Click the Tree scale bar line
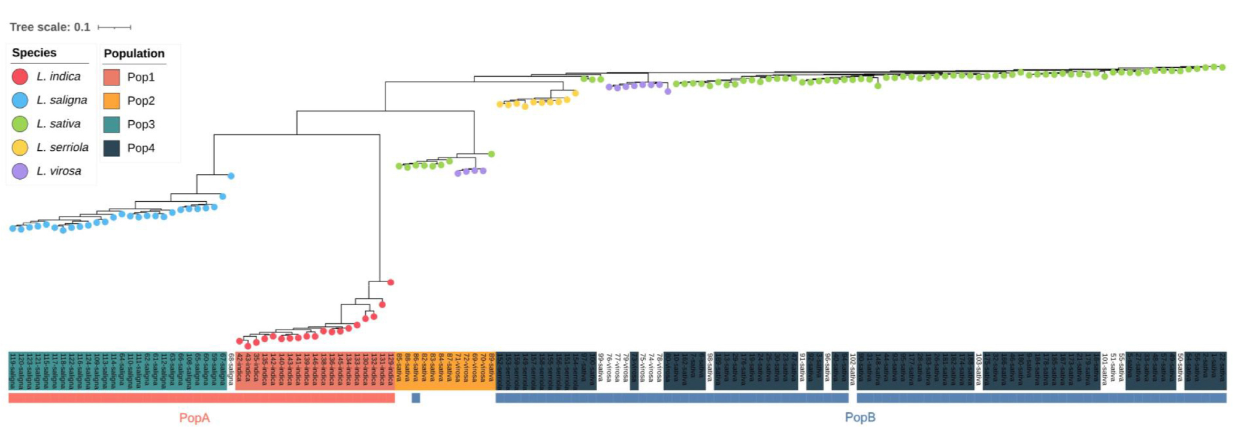114,28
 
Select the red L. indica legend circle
20,77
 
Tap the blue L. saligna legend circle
20,100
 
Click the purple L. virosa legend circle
20,171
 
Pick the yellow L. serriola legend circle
20,147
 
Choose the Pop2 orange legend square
112,101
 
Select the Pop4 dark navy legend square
112,148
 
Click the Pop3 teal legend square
112,124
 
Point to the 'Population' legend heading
134,53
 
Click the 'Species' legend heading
34,53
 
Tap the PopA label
194,418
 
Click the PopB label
860,417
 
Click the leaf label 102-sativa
852,368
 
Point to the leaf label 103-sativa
978,368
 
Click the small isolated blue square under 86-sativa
416,398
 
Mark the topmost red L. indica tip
390,282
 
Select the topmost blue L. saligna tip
231,176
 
